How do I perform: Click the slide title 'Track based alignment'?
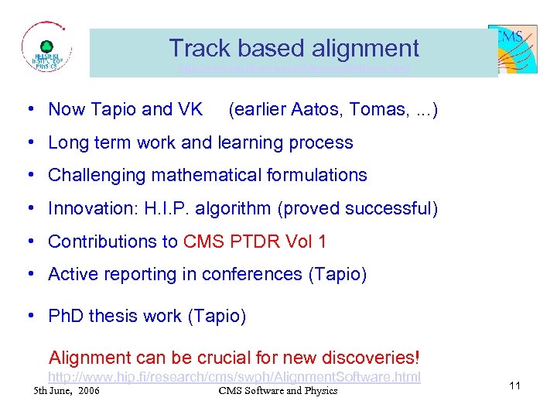coord(294,48)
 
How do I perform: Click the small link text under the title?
coord(293,69)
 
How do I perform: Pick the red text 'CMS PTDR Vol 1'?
coord(255,242)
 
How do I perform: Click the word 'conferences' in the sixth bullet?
coord(241,274)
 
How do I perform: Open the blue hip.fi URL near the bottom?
coord(234,377)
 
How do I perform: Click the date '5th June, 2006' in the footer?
coord(67,390)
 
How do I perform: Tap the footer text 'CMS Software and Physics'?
coord(278,390)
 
